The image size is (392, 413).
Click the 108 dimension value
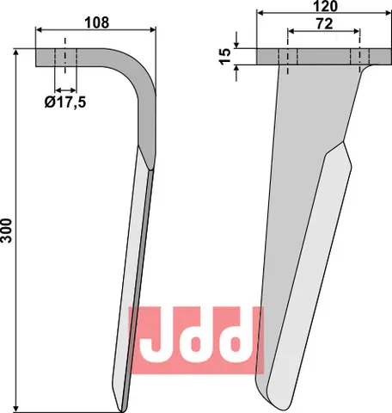(x=96, y=22)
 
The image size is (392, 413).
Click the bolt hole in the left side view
(x=65, y=58)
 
